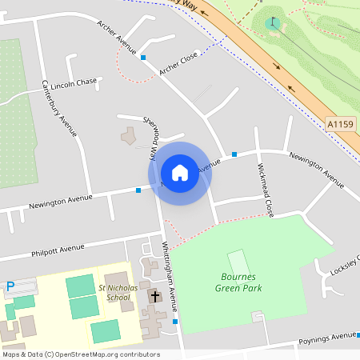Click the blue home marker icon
180,173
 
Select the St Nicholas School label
114,292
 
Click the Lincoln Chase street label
74,83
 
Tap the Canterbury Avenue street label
60,108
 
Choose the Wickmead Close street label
266,192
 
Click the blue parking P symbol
10,286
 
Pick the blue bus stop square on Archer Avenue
143,58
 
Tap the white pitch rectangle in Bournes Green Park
238,262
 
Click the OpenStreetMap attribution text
80,354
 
